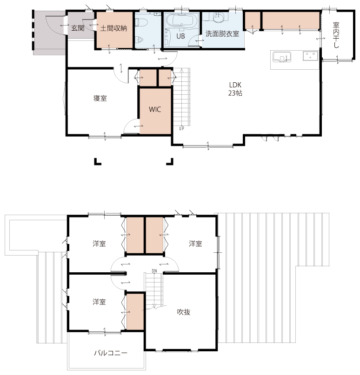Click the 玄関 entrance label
(x=78, y=28)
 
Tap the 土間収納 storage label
(x=113, y=28)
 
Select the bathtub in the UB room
(x=182, y=20)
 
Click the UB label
(x=180, y=36)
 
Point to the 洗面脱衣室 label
(x=222, y=34)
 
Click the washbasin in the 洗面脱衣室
(x=218, y=18)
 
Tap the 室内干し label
(x=336, y=35)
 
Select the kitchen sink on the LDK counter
(x=282, y=57)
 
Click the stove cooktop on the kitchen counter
(x=310, y=56)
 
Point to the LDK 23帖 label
(x=235, y=89)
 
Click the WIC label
(x=155, y=110)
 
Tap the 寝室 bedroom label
(x=100, y=98)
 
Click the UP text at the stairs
(x=182, y=128)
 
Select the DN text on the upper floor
(x=154, y=271)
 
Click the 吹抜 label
(x=184, y=312)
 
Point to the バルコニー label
(x=111, y=353)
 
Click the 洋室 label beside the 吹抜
(x=195, y=243)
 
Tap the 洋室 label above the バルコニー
(x=99, y=302)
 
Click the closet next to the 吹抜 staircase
(x=135, y=312)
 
